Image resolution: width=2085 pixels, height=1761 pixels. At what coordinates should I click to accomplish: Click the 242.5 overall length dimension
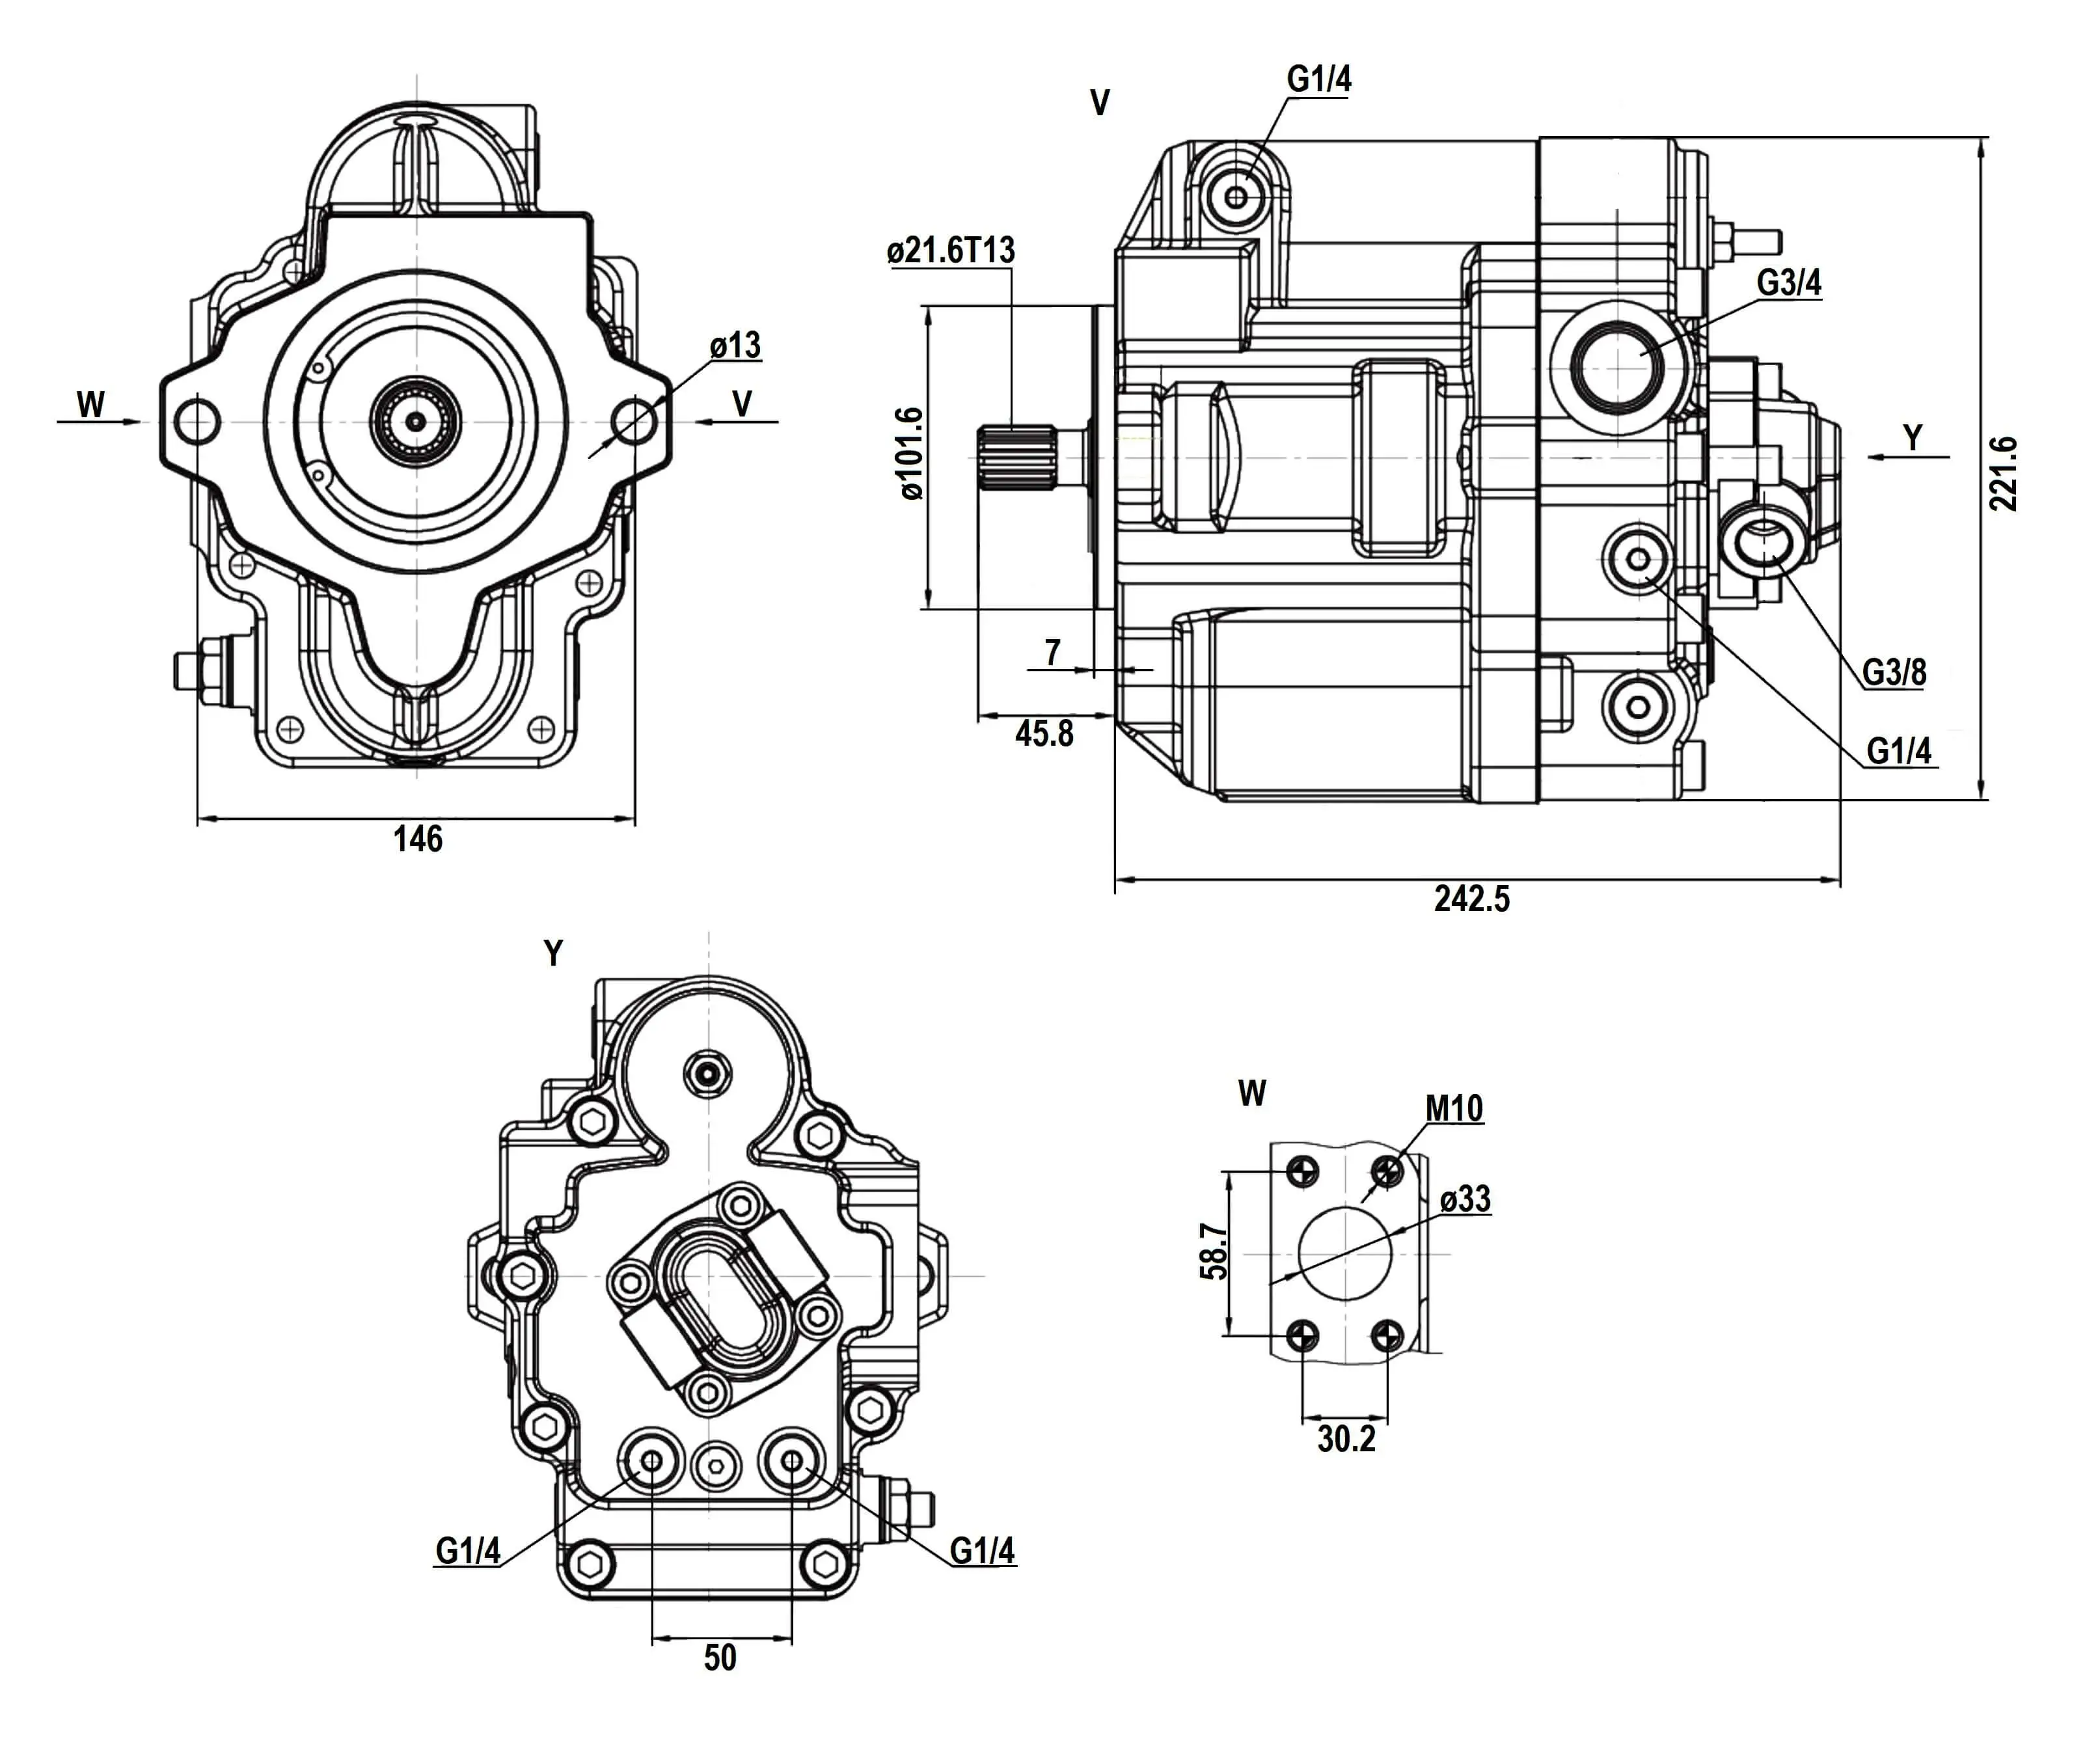pyautogui.click(x=1471, y=899)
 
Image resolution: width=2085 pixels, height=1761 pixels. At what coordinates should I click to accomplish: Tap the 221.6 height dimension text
pyautogui.click(x=2002, y=473)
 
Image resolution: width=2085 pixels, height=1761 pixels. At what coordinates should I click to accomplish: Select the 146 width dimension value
pyautogui.click(x=417, y=840)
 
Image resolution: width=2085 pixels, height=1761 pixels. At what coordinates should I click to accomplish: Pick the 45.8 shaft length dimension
pyautogui.click(x=1044, y=734)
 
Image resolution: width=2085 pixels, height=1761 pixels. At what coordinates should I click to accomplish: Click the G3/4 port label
pyautogui.click(x=1788, y=284)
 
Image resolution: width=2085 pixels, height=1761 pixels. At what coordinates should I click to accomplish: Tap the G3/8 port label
pyautogui.click(x=1894, y=673)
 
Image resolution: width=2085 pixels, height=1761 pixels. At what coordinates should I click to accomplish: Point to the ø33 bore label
pyautogui.click(x=1465, y=1199)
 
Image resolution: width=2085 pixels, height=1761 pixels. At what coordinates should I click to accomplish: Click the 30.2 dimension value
pyautogui.click(x=1345, y=1439)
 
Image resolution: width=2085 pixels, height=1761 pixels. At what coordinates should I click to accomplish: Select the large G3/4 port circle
pyautogui.click(x=1617, y=368)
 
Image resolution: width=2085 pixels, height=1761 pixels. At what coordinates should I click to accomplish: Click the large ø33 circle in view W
pyautogui.click(x=1344, y=1254)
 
